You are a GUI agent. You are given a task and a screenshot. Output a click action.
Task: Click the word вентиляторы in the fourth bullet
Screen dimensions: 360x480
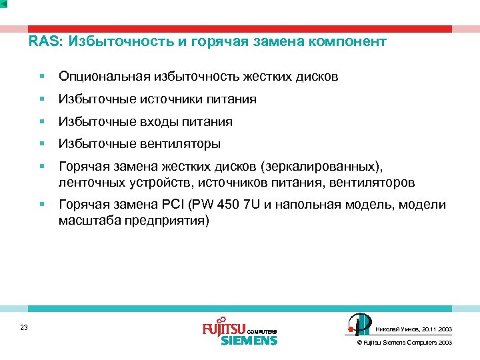(179, 144)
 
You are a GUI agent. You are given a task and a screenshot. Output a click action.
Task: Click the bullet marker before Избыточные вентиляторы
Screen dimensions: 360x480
(41, 144)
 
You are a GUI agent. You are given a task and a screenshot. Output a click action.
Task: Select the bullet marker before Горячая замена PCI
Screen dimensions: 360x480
(41, 205)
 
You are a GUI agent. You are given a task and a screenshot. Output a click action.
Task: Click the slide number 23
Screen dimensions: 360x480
(24, 327)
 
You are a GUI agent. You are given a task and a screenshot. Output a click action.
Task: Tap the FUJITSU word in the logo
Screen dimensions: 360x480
(224, 329)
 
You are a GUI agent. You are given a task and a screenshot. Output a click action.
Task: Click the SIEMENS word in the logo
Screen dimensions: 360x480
(249, 341)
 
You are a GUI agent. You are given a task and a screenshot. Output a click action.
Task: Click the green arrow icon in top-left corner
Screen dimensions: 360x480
(4, 4)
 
